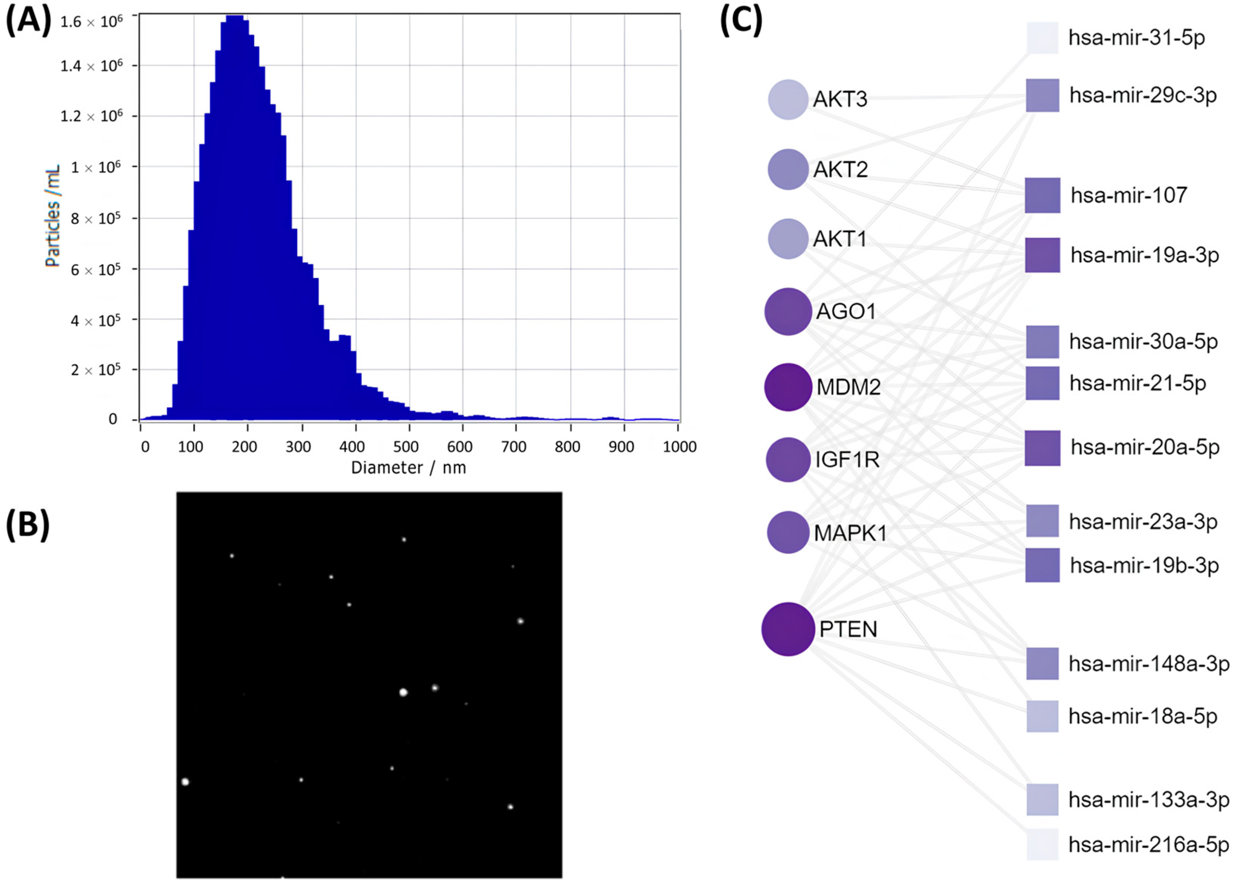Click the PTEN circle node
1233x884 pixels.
pyautogui.click(x=788, y=629)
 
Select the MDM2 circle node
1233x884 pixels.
pyautogui.click(x=788, y=387)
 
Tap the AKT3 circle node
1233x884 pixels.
pyautogui.click(x=788, y=99)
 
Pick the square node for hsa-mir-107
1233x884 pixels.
pyautogui.click(x=1042, y=195)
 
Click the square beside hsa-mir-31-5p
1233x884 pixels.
pyautogui.click(x=1042, y=38)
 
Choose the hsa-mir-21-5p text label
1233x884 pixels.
pyautogui.click(x=1137, y=383)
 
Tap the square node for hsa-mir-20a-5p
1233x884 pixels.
pyautogui.click(x=1042, y=448)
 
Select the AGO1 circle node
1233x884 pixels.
pyautogui.click(x=788, y=311)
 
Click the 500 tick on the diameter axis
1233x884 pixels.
pyautogui.click(x=406, y=447)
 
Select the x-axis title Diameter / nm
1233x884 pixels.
pyautogui.click(x=408, y=468)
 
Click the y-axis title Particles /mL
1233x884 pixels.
pyautogui.click(x=53, y=216)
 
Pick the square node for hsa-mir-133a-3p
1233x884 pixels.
pyautogui.click(x=1042, y=800)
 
